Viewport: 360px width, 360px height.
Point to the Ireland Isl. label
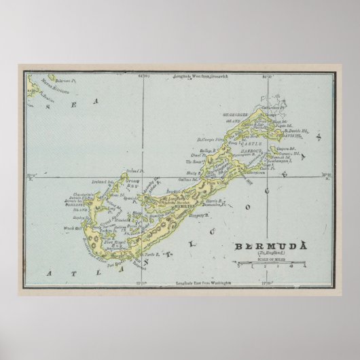tap(103, 181)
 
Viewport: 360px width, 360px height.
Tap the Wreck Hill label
tap(73, 228)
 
